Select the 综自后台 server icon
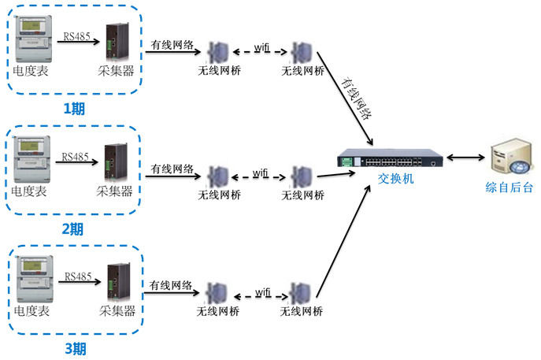click(x=508, y=160)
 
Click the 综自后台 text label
click(x=509, y=187)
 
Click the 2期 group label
click(x=72, y=229)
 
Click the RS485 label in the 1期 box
click(x=76, y=36)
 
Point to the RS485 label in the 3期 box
click(x=78, y=276)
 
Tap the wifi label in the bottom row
click(x=263, y=293)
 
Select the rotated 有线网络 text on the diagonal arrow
click(x=355, y=97)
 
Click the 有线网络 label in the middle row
click(x=172, y=169)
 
